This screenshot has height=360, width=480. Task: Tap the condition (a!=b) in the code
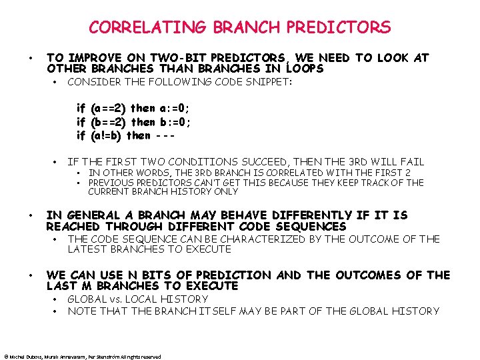click(107, 135)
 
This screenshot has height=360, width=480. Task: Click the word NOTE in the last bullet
click(81, 311)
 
